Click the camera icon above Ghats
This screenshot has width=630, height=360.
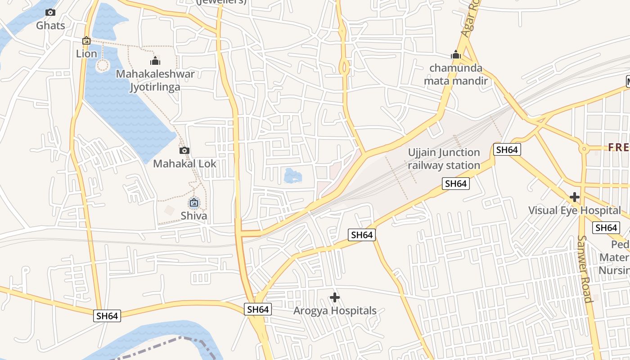click(x=50, y=13)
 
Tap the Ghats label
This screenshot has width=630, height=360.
click(x=50, y=25)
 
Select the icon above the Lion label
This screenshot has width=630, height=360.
click(x=86, y=41)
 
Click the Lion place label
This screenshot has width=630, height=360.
click(x=86, y=54)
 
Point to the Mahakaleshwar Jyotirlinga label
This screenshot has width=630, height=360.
click(x=155, y=81)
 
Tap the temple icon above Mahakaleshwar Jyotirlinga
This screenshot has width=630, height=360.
click(x=155, y=61)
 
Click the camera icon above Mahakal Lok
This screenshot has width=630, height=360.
click(x=184, y=151)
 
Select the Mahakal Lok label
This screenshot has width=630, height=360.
click(x=184, y=163)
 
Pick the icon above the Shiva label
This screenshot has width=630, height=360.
click(x=194, y=203)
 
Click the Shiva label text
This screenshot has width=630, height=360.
click(x=194, y=216)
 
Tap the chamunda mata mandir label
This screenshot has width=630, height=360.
click(x=456, y=75)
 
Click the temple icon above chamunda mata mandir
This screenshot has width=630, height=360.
click(x=456, y=55)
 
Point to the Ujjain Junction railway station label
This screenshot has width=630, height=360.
click(x=444, y=159)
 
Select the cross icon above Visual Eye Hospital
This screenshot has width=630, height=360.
click(x=574, y=197)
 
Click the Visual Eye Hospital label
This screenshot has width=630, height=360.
click(x=574, y=210)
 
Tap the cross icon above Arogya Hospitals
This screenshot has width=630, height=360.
click(x=334, y=297)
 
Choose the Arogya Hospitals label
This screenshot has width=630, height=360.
click(x=334, y=310)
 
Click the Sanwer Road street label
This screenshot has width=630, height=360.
click(x=584, y=269)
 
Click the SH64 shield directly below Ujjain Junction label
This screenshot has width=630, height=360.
click(x=455, y=184)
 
